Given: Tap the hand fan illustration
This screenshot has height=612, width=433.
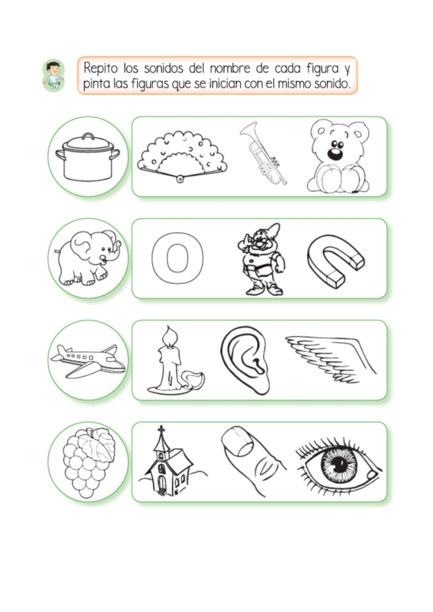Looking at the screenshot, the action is tap(182, 157).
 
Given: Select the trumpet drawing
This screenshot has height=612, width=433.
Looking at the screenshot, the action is tap(263, 153).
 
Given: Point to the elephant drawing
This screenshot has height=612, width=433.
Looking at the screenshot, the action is tap(88, 258).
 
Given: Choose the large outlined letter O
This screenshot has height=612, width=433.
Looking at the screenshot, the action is tap(178, 258).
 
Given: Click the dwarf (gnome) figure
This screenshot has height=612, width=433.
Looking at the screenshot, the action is tap(261, 260).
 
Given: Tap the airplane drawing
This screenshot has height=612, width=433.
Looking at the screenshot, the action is tap(88, 360).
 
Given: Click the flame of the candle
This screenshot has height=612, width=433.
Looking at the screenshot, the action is tap(169, 337).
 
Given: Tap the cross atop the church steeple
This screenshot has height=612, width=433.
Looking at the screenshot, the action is tap(161, 429).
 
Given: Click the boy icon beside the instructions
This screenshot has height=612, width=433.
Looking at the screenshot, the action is tap(53, 75).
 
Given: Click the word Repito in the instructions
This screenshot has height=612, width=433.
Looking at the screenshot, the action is tap(100, 68).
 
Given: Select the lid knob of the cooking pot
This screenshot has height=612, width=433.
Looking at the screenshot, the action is tap(88, 135).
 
